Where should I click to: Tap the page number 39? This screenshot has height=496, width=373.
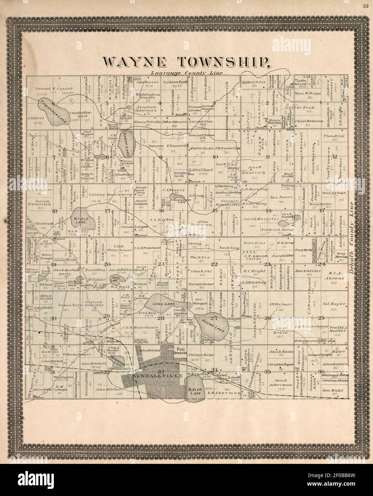pyautogui.click(x=365, y=6)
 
